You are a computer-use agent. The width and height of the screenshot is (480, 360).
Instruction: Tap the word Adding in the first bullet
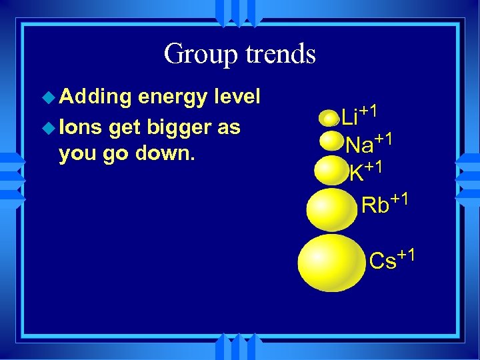pyautogui.click(x=95, y=97)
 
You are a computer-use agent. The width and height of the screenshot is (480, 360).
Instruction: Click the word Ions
pyautogui.click(x=77, y=127)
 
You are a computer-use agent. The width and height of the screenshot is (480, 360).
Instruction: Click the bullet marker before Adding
pyautogui.click(x=49, y=98)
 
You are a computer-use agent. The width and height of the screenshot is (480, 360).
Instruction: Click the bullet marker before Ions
pyautogui.click(x=49, y=127)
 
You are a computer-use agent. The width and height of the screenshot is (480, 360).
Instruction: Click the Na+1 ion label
pyautogui.click(x=368, y=142)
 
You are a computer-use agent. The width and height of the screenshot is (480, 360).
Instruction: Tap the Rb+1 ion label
pyautogui.click(x=383, y=202)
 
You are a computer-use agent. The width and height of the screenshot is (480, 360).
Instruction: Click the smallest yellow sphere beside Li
pyautogui.click(x=329, y=119)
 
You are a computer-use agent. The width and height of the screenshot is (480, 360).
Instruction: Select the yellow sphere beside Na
pyautogui.click(x=331, y=141)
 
